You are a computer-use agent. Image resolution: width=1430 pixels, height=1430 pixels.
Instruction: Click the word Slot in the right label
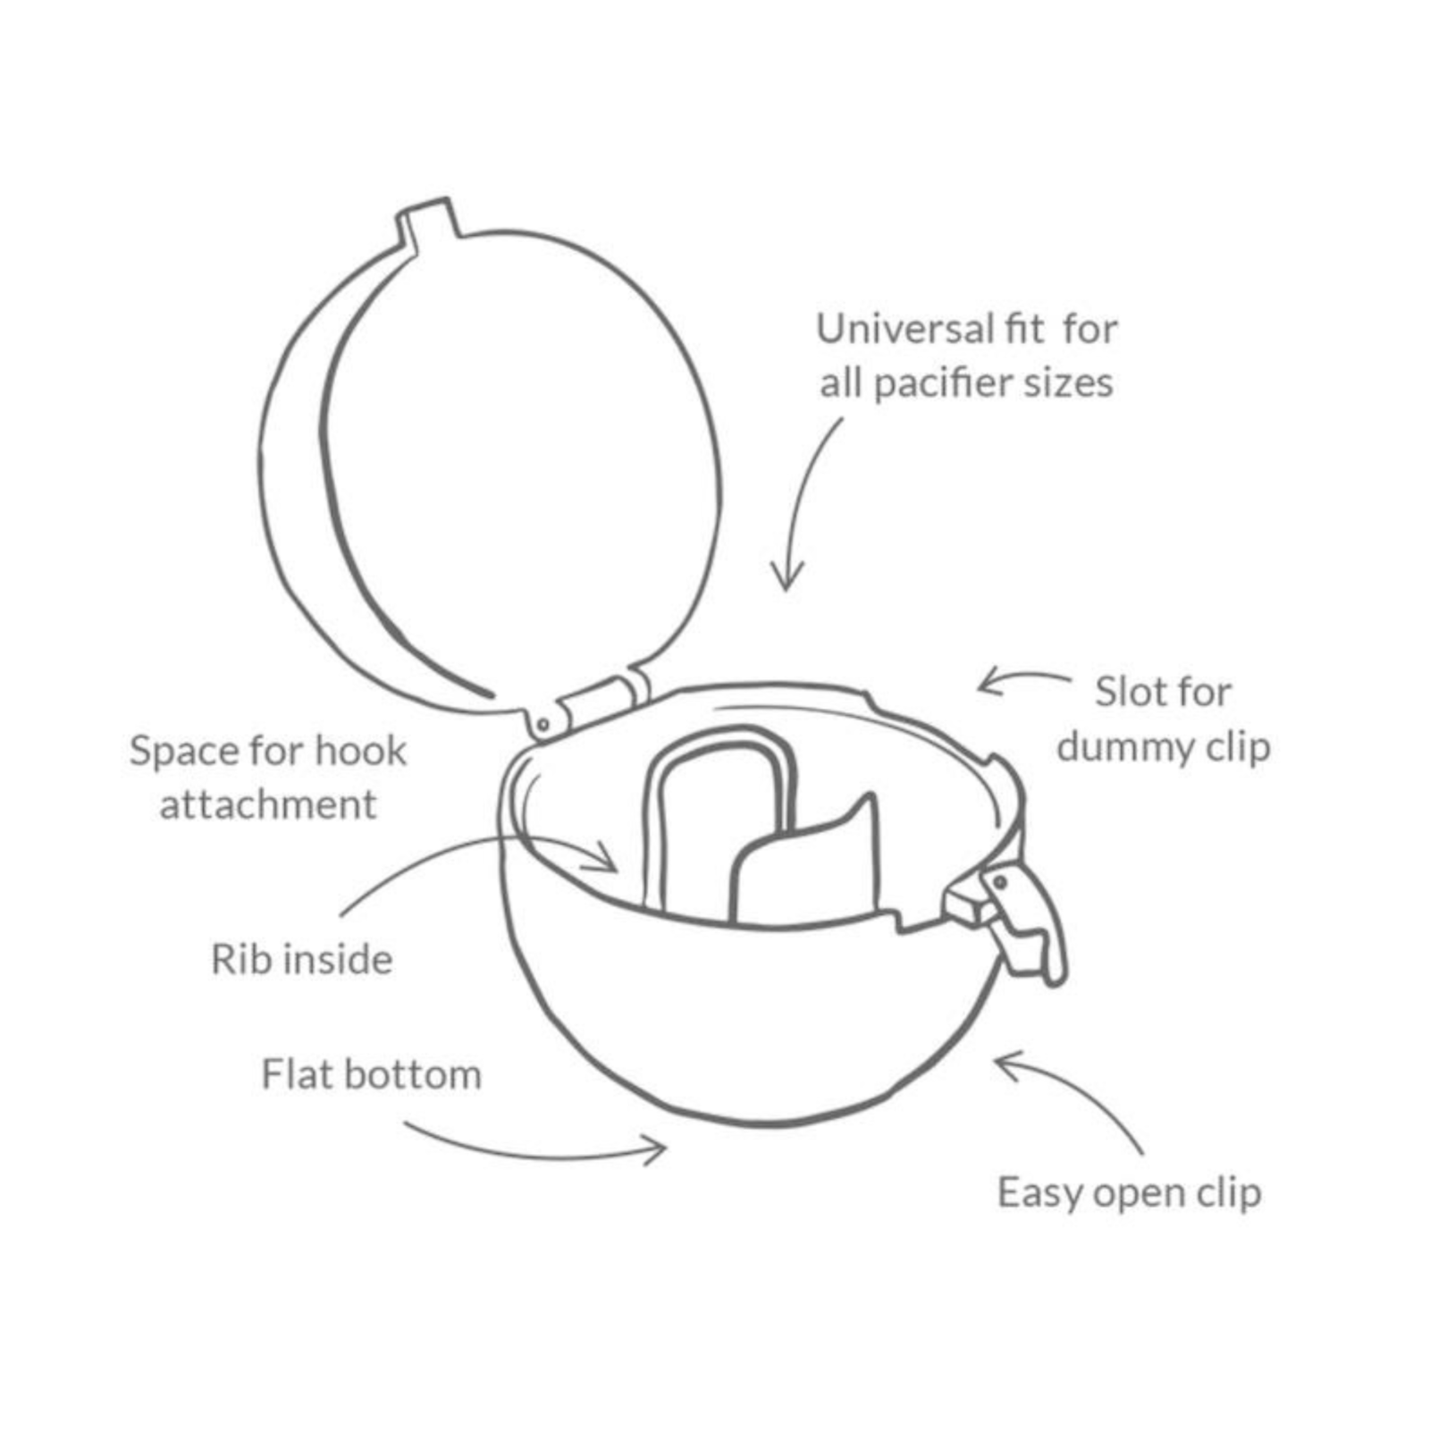pos(1128,692)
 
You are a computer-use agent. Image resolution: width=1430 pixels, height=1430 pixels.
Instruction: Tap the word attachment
pos(268,805)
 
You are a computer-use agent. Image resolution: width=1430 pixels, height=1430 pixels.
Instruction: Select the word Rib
pos(237,959)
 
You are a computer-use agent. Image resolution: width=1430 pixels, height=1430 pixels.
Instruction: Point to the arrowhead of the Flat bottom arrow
pos(657,1149)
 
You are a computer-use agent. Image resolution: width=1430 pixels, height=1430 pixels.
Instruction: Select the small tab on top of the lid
pos(431,220)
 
